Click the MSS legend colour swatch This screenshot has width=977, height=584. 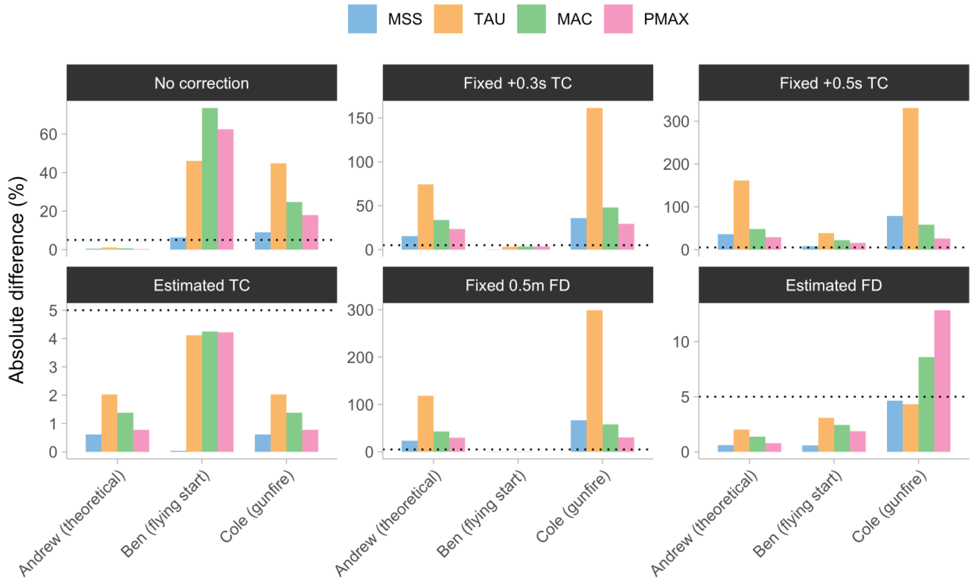point(362,19)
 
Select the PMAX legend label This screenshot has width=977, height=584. point(666,19)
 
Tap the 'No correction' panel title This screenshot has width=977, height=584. point(201,83)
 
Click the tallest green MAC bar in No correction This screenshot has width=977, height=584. point(210,179)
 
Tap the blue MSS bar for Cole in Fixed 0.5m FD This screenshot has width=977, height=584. point(578,436)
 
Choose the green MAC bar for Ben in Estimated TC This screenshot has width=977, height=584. point(210,392)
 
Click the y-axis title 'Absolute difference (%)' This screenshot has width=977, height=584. point(17,280)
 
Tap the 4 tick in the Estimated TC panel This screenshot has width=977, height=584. point(53,339)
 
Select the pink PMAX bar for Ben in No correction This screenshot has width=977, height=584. point(226,189)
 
